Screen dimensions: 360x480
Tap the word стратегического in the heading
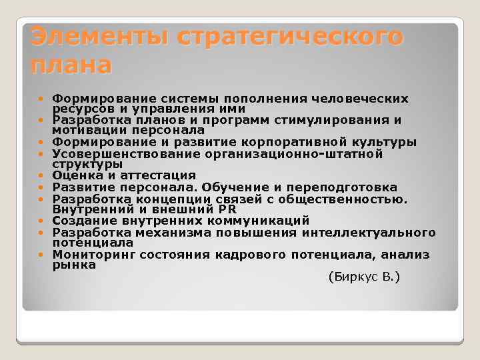tap(290, 37)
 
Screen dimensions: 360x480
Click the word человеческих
tap(366, 98)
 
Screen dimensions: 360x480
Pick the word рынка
tap(74, 265)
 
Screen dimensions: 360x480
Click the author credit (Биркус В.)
tap(365, 276)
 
